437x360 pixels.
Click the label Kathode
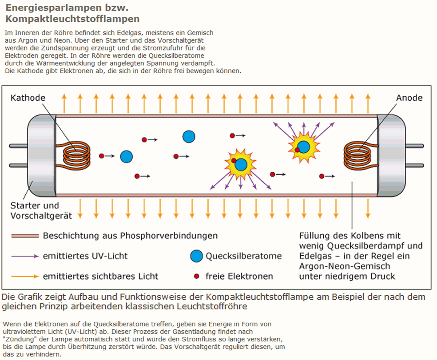click(x=28, y=98)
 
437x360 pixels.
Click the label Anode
click(x=409, y=98)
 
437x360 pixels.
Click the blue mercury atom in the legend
click(x=196, y=256)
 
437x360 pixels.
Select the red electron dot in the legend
click(x=196, y=276)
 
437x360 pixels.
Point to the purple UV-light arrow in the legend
click(x=25, y=256)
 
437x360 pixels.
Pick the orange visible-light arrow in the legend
click(x=25, y=277)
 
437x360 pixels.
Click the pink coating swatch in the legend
click(x=25, y=236)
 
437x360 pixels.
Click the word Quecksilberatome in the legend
click(x=243, y=256)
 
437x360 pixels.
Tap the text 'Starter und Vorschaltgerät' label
click(x=41, y=211)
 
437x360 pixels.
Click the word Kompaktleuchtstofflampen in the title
click(x=72, y=19)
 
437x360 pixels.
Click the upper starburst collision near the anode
click(x=303, y=147)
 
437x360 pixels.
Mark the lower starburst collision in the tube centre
click(x=241, y=165)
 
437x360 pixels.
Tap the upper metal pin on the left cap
click(x=18, y=146)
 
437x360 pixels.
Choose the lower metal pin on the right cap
click(x=414, y=166)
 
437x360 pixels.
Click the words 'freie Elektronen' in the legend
click(x=239, y=277)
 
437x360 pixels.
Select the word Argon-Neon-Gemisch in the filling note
click(x=345, y=266)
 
